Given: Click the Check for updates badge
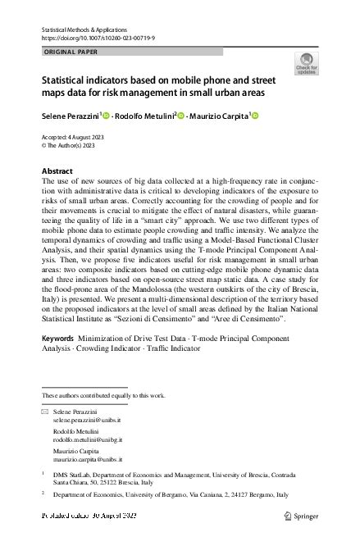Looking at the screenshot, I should point(306,63).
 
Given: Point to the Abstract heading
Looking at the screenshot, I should point(57,171).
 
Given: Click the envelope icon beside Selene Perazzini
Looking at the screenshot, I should point(44,410).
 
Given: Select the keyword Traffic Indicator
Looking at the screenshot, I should point(175,371).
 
